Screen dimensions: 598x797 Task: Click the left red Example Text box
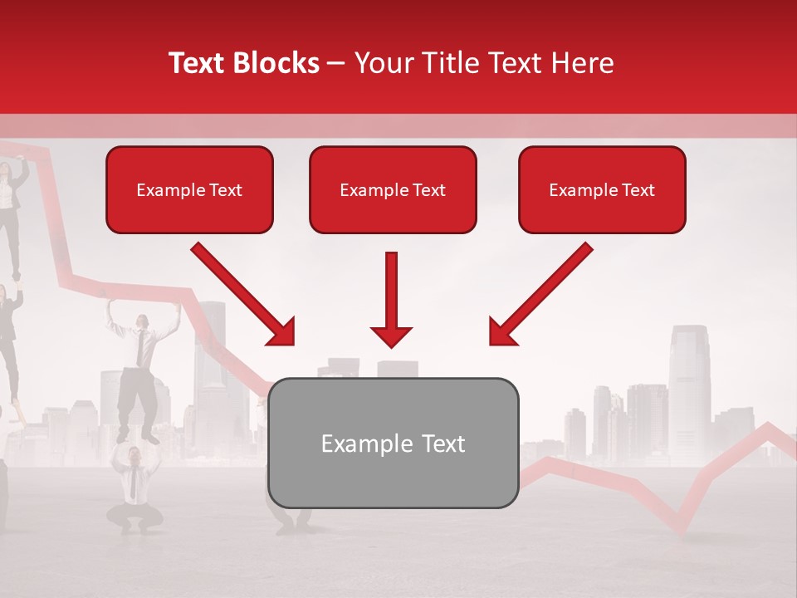[x=189, y=189]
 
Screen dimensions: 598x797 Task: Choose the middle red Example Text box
[x=393, y=189]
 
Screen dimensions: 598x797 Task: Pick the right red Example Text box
[x=602, y=189]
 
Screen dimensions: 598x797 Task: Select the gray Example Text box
[x=393, y=443]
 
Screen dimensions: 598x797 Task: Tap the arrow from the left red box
[x=243, y=294]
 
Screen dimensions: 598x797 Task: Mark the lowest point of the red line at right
[x=681, y=532]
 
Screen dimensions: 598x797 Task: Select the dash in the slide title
[x=337, y=63]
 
